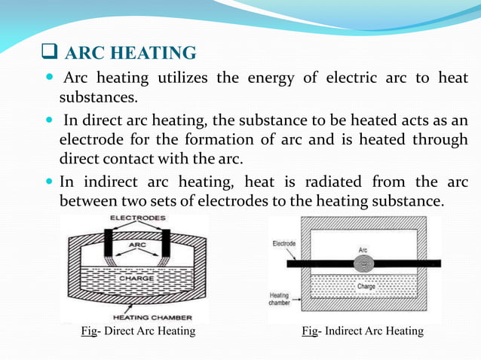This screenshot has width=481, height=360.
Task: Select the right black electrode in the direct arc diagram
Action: [164, 243]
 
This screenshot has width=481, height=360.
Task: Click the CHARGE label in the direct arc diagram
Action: [138, 279]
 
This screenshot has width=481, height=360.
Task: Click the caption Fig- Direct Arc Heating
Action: [138, 331]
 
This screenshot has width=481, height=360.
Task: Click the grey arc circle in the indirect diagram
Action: [363, 264]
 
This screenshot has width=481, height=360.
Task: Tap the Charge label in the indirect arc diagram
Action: [366, 287]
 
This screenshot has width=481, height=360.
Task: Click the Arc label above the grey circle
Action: [363, 249]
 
